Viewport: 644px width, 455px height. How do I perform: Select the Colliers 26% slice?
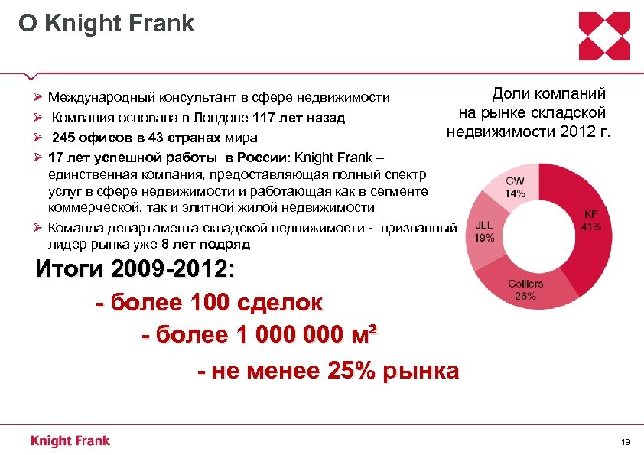pos(525,290)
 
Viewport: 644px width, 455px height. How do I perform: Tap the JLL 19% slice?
pos(483,232)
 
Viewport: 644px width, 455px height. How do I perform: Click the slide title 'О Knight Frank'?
pos(106,23)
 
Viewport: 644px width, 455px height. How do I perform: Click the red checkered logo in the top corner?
pos(604,36)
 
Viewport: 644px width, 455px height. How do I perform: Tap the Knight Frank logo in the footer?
pos(70,440)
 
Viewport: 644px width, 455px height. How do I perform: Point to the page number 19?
pos(626,442)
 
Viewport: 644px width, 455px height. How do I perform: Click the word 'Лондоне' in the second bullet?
pos(217,119)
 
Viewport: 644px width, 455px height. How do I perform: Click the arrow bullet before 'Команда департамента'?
pos(38,228)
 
